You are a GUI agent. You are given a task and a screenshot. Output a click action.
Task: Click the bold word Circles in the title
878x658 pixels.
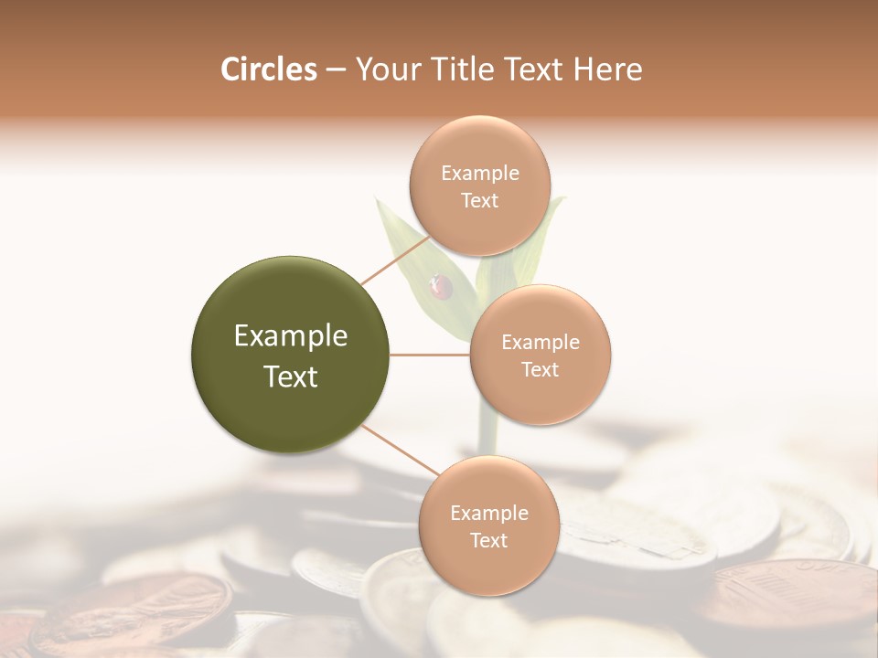[269, 69]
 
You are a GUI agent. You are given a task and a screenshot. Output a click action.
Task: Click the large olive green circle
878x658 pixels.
[291, 355]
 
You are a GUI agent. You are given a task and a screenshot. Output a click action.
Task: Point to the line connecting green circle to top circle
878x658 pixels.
[395, 260]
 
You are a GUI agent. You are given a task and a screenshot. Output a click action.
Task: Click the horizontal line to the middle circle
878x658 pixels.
[430, 355]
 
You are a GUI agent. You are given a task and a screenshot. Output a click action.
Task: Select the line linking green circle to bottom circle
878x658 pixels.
[399, 451]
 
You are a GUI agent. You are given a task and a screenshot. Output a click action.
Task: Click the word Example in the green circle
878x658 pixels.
[291, 336]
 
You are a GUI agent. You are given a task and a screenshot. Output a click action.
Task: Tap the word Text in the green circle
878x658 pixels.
[291, 377]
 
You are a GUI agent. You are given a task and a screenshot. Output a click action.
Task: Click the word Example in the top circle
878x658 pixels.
[479, 174]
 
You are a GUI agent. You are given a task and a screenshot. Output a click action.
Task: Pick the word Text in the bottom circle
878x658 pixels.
[488, 541]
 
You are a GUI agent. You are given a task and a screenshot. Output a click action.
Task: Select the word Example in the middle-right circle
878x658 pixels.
[541, 343]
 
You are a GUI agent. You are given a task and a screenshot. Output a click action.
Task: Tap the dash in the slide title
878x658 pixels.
[336, 70]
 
